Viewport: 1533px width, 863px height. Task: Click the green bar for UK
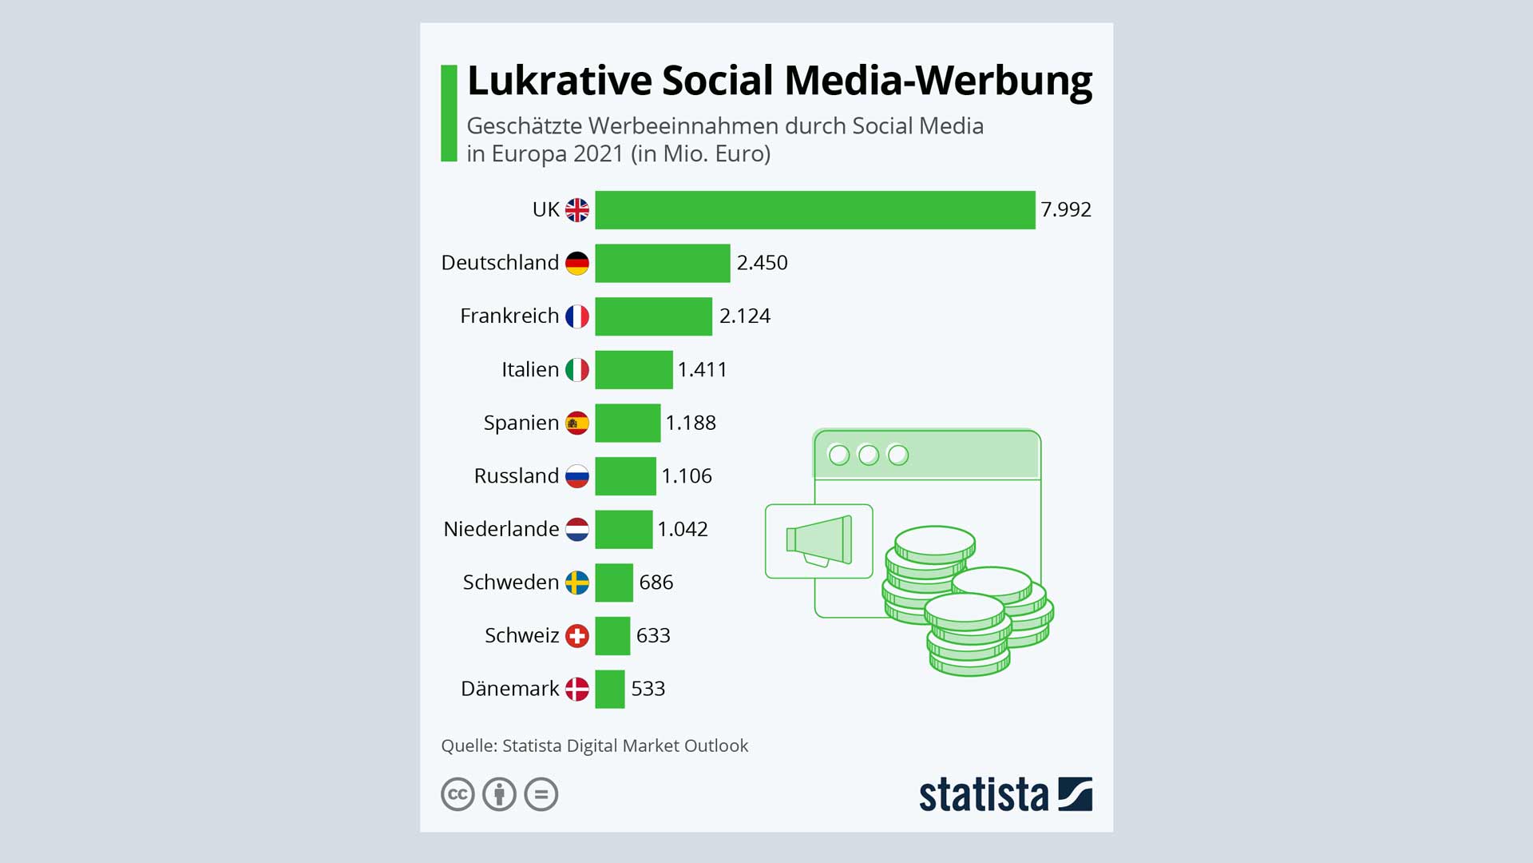tap(814, 209)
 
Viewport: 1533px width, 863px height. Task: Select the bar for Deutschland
tap(662, 263)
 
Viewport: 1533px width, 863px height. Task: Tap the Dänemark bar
tap(609, 689)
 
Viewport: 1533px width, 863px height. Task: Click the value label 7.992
tap(1065, 209)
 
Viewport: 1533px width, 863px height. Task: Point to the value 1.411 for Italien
tap(702, 369)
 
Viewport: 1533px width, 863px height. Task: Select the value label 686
tap(656, 583)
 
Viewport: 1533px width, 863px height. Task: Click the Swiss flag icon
tap(576, 636)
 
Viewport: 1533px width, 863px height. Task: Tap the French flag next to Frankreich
tap(576, 316)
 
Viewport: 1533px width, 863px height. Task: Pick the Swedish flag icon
tap(576, 583)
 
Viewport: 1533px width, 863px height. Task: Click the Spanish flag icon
tap(576, 423)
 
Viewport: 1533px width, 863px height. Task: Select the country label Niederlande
tap(501, 529)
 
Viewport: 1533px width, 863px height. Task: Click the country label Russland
tap(516, 476)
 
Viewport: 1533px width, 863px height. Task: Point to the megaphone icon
tap(819, 541)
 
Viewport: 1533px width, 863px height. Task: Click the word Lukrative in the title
tap(559, 82)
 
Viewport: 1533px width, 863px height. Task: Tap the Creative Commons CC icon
tap(458, 794)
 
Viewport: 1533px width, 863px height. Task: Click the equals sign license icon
tap(541, 794)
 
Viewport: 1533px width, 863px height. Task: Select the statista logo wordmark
tap(983, 795)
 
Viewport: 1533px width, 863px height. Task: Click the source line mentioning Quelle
tap(594, 746)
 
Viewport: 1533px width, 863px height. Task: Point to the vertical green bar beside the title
tap(449, 113)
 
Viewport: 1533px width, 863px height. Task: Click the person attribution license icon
tap(500, 794)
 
